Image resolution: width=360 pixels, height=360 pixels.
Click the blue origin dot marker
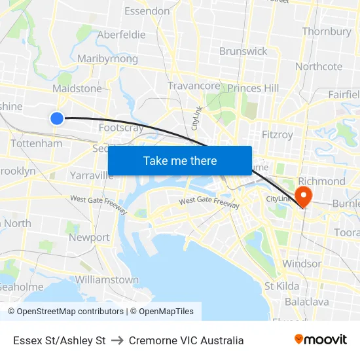click(x=57, y=118)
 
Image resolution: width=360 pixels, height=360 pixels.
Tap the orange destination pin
click(x=304, y=195)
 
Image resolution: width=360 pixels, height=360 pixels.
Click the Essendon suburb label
click(x=147, y=11)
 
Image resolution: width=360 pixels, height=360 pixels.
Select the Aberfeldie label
click(x=121, y=35)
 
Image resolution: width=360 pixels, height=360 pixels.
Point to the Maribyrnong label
click(x=107, y=59)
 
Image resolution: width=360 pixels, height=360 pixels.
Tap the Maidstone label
click(x=77, y=88)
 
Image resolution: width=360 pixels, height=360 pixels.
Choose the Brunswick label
click(x=243, y=51)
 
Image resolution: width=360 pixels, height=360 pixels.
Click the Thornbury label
click(x=327, y=31)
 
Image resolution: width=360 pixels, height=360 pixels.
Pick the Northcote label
click(x=319, y=66)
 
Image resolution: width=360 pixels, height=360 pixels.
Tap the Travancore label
click(x=194, y=86)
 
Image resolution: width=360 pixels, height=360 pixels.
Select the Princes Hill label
click(x=253, y=88)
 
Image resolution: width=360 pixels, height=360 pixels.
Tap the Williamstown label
click(x=107, y=279)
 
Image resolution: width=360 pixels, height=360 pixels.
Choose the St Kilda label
click(x=281, y=286)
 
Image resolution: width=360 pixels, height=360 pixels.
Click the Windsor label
click(x=301, y=263)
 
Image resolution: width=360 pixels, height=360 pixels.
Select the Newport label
click(x=89, y=238)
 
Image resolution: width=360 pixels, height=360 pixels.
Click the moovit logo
click(x=321, y=340)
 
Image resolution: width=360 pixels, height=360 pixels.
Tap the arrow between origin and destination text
click(x=117, y=340)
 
